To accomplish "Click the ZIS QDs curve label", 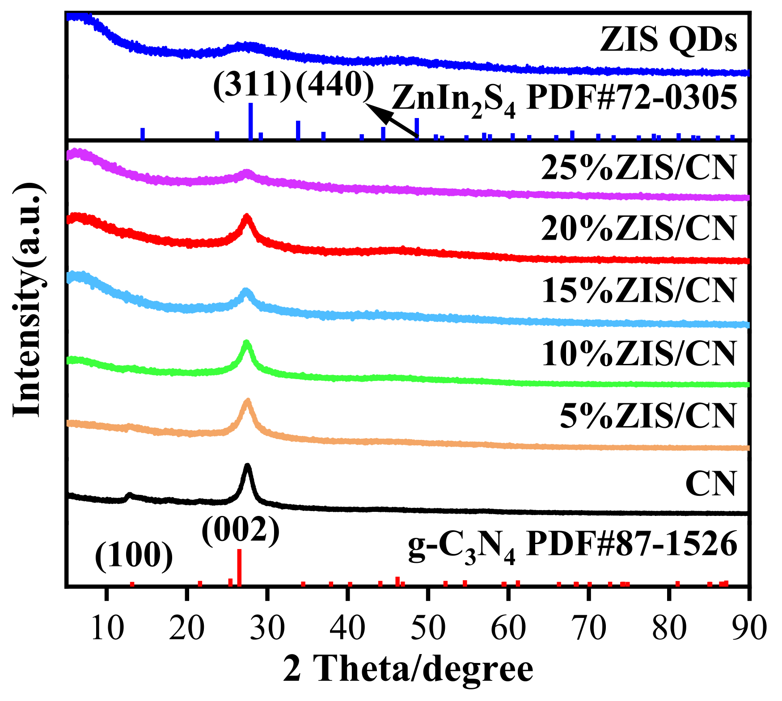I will tap(668, 39).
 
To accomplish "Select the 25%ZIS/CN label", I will tap(638, 168).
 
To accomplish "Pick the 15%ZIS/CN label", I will tap(638, 291).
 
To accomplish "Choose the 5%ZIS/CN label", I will tap(647, 416).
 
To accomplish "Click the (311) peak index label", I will tap(252, 84).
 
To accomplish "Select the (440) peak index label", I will tap(335, 84).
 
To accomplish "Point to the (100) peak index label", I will tap(134, 556).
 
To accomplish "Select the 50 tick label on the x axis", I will tap(428, 628).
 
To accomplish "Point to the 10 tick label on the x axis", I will tap(106, 628).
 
